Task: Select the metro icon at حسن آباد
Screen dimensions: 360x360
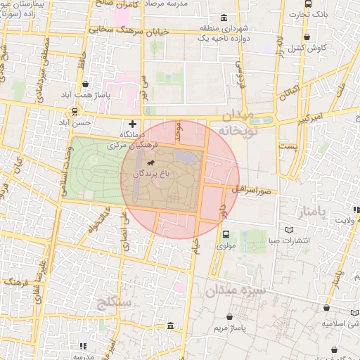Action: pos(75,112)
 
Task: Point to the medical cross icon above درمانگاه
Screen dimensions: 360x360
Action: pos(133,124)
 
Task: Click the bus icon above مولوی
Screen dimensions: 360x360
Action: pos(226,236)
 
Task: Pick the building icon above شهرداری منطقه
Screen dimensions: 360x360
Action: pos(224,18)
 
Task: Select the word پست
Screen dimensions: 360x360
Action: pos(288,146)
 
